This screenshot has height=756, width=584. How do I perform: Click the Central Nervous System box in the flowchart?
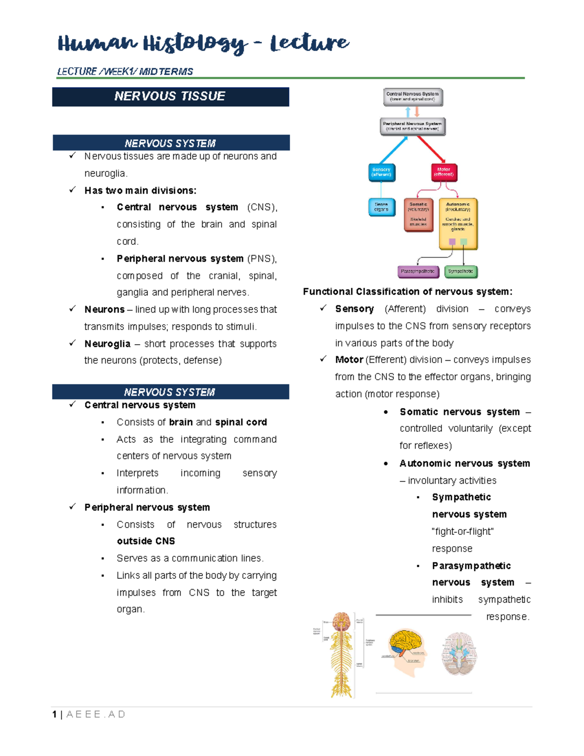pyautogui.click(x=413, y=96)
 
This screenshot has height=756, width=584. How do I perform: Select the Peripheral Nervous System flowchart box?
pyautogui.click(x=412, y=126)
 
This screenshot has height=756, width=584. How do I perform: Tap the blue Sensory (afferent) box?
pyautogui.click(x=382, y=172)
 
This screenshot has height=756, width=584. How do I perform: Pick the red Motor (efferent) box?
pyautogui.click(x=444, y=172)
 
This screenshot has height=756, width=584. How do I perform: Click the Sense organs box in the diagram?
pyautogui.click(x=382, y=207)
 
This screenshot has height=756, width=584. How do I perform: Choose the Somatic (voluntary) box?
pyautogui.click(x=419, y=215)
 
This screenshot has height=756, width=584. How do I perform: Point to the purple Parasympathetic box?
pyautogui.click(x=418, y=272)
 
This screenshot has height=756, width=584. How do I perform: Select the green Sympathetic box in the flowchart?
pyautogui.click(x=461, y=272)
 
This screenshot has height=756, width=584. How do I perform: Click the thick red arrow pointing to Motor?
pyautogui.click(x=431, y=149)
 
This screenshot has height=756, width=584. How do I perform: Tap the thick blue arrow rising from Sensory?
pyautogui.click(x=394, y=150)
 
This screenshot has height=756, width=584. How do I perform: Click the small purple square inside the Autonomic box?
pyautogui.click(x=452, y=242)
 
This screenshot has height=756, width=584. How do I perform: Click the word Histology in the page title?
pyautogui.click(x=195, y=44)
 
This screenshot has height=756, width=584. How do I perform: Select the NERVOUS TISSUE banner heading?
pyautogui.click(x=170, y=96)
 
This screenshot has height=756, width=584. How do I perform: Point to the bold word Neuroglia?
pyautogui.click(x=107, y=344)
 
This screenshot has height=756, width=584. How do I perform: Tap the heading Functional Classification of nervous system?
pyautogui.click(x=407, y=292)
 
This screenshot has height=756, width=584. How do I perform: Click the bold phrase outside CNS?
pyautogui.click(x=146, y=541)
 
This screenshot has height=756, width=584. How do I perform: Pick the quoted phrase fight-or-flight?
pyautogui.click(x=463, y=532)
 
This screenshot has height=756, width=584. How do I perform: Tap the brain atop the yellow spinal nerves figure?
pyautogui.click(x=342, y=622)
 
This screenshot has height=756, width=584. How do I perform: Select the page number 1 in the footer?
pyautogui.click(x=55, y=714)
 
